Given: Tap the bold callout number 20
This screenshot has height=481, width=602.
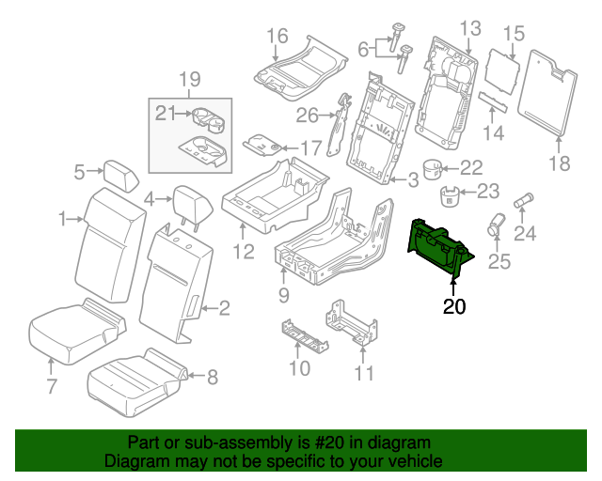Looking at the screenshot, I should [x=454, y=305].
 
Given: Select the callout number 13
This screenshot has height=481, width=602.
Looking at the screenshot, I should [x=470, y=27].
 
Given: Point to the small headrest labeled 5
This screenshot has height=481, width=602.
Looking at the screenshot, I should [x=119, y=173].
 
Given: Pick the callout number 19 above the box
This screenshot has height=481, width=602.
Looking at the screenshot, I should [x=190, y=79].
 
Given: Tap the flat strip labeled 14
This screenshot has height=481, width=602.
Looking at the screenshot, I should [x=493, y=101].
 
